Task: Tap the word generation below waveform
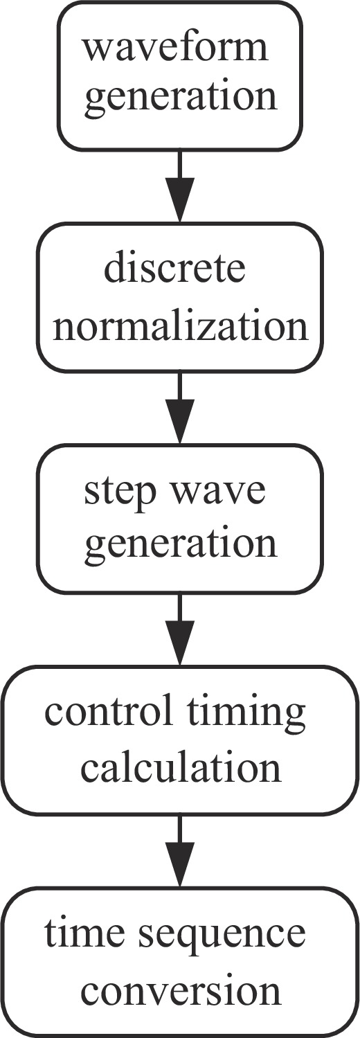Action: click(x=181, y=98)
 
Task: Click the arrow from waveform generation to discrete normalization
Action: click(x=180, y=186)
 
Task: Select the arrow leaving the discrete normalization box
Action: click(x=180, y=408)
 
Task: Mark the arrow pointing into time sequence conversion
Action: click(x=180, y=851)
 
